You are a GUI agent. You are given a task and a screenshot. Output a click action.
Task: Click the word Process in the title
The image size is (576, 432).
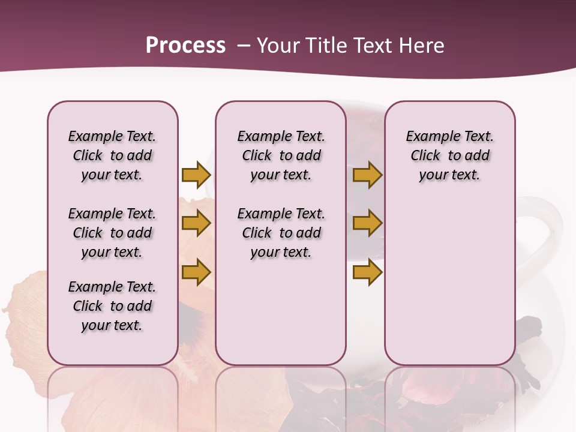(x=185, y=46)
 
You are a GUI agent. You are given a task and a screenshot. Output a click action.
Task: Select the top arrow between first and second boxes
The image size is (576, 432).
(x=196, y=175)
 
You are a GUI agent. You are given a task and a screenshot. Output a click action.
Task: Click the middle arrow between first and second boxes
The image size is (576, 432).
(x=196, y=223)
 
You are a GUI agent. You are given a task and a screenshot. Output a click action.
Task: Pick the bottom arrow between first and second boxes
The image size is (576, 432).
(x=196, y=272)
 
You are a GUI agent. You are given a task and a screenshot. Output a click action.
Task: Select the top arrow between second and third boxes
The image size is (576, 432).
(x=367, y=175)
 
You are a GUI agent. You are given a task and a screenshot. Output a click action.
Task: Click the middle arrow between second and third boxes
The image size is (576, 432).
(x=367, y=223)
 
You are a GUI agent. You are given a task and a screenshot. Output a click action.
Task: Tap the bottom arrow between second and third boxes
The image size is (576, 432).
(x=367, y=272)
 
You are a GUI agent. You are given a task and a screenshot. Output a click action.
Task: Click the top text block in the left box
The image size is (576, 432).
(x=112, y=155)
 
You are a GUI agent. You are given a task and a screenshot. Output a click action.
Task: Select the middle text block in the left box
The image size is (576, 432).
(x=112, y=233)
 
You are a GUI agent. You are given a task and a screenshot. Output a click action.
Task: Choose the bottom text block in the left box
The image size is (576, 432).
(x=112, y=306)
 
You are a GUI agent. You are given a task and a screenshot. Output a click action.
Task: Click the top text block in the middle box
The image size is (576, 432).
(x=281, y=155)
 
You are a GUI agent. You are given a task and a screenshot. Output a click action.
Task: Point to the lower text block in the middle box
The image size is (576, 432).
(x=281, y=233)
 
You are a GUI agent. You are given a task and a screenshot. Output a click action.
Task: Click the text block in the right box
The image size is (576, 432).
(x=449, y=155)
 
